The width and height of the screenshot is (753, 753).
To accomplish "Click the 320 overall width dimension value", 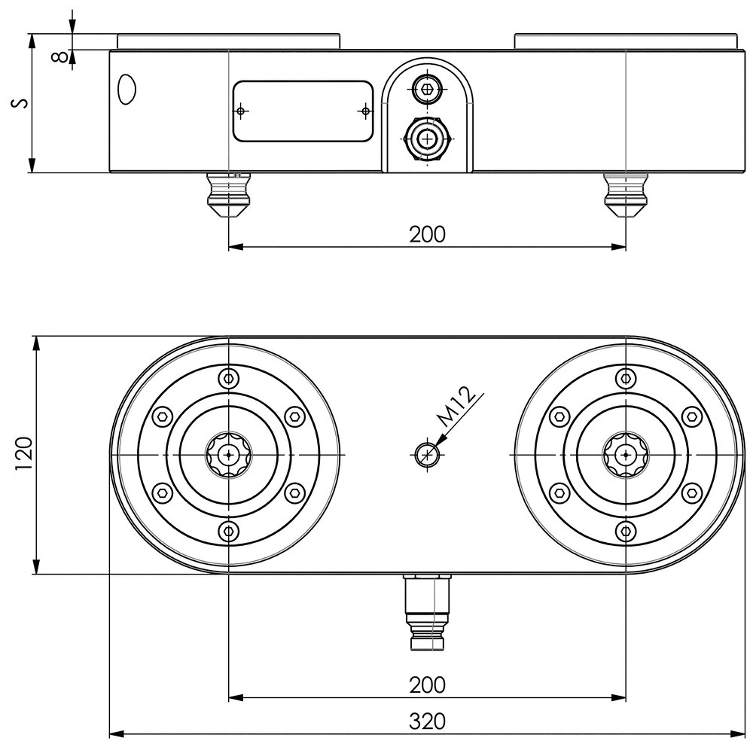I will coord(427,721).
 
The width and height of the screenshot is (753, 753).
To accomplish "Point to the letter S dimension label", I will coord(23,102).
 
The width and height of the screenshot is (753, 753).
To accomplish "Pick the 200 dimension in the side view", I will coord(427,234).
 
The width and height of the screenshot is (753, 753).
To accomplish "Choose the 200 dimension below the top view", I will coord(427,685).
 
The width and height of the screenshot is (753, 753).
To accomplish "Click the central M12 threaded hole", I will coord(428,454).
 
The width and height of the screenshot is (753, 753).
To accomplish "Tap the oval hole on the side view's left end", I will coord(127,90).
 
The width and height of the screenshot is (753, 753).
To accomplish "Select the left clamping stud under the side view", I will coord(228,195).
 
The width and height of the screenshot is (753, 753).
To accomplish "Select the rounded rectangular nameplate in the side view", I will coord(303,111).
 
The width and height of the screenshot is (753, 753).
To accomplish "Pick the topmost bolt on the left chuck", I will coord(228,378).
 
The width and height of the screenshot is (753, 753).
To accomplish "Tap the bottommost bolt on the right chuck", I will coord(624,532).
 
